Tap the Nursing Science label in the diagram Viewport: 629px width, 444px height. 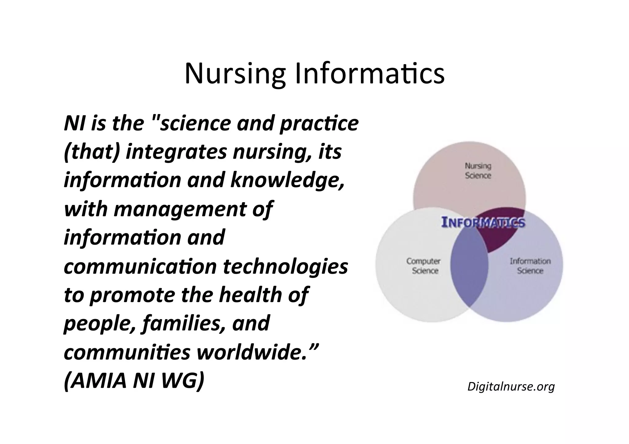pos(478,171)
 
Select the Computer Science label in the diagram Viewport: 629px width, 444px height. pos(424,266)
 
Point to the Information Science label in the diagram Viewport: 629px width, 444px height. pos(530,266)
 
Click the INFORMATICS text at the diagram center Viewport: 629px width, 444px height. pos(483,222)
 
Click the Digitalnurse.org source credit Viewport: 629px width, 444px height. pos(511,386)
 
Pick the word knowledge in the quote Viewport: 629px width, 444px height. pos(287,180)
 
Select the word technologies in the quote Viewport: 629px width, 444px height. pos(285,266)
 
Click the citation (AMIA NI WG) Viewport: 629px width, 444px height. pos(134,381)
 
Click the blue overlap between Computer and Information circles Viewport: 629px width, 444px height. pos(469,270)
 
